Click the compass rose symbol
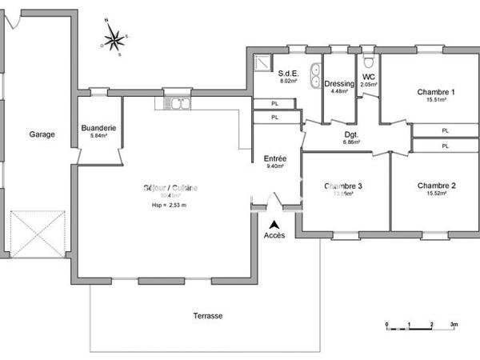[114, 37]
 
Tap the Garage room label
[42, 134]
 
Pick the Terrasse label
[207, 316]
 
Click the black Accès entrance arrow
[274, 226]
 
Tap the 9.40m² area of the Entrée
[274, 166]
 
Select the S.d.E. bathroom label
[289, 72]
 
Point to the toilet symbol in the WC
[368, 61]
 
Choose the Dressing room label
[339, 83]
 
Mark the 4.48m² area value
[339, 91]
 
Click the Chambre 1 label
[435, 92]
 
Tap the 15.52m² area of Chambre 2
[436, 194]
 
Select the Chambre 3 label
[343, 186]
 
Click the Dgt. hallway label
[351, 134]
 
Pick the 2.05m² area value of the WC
[369, 84]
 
